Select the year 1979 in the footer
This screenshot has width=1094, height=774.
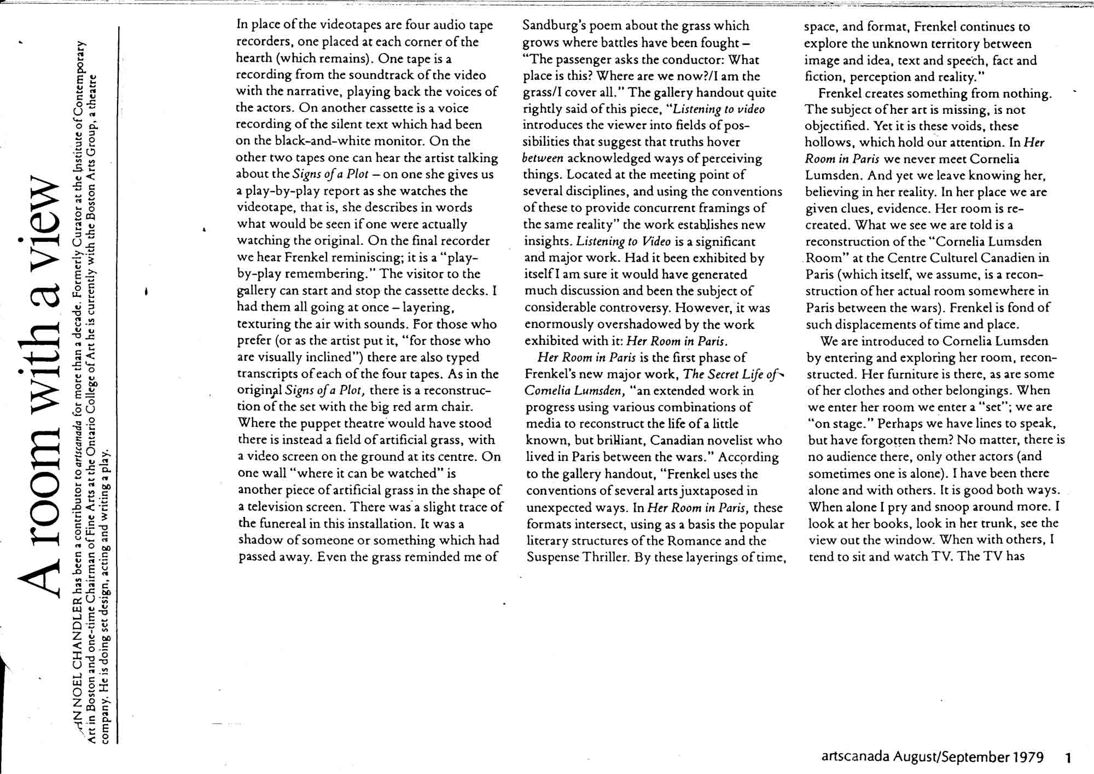[1028, 758]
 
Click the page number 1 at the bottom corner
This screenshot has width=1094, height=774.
[1068, 758]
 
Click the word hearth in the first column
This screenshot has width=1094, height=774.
[254, 59]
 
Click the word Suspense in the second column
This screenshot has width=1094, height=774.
[552, 558]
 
